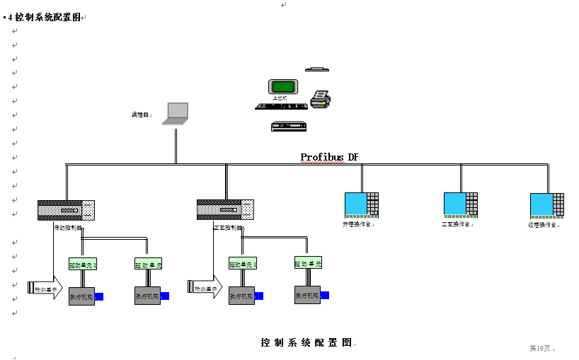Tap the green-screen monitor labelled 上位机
(x=282, y=87)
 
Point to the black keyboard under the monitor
(x=280, y=106)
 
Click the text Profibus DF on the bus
(x=329, y=157)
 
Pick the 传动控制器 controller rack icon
(x=66, y=210)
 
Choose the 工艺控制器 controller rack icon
(x=225, y=209)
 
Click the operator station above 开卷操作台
(x=361, y=204)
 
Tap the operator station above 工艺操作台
(x=460, y=204)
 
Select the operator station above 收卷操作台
(x=546, y=204)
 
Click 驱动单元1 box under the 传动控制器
(x=82, y=265)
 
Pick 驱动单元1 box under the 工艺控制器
(x=242, y=264)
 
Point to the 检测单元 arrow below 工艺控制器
(x=205, y=288)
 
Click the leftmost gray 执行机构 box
(x=81, y=296)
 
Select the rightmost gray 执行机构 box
(x=307, y=295)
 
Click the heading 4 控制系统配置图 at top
(x=45, y=17)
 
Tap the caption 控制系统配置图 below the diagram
(x=306, y=342)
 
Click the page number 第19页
(x=541, y=348)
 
